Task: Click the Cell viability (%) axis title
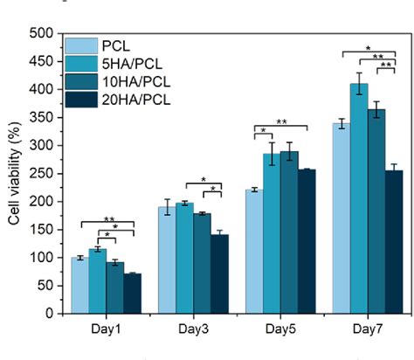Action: point(14,175)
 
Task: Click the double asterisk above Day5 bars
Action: point(281,121)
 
